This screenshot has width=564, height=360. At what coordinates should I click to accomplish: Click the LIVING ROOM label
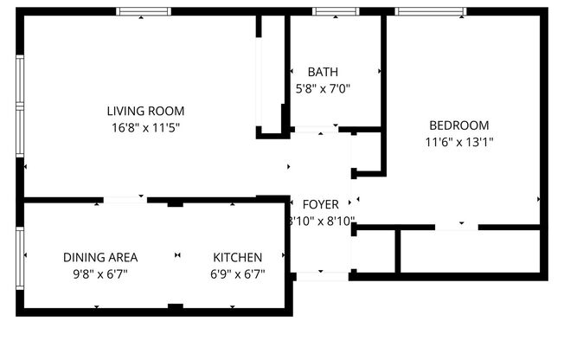tap(145, 111)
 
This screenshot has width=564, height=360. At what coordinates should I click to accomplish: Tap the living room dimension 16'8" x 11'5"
tap(145, 127)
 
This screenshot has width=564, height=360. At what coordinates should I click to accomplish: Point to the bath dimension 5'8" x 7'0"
tap(323, 88)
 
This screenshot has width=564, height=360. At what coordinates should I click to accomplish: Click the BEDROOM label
tap(458, 125)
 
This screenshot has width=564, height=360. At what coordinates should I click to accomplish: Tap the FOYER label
tap(321, 204)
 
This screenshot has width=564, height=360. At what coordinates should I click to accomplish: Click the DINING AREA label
tap(100, 257)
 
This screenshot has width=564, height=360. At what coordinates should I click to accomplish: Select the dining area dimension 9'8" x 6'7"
tap(100, 274)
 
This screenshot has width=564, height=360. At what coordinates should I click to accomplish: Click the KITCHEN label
tap(238, 257)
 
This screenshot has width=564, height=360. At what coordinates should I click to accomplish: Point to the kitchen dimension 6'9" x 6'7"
tap(238, 274)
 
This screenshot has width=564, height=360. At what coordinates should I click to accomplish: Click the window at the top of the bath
tap(336, 11)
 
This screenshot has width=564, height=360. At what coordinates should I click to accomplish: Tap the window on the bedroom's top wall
tap(431, 11)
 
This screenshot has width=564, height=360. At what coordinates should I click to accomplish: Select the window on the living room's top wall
tap(144, 11)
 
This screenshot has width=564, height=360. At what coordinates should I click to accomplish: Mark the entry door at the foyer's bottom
tap(322, 276)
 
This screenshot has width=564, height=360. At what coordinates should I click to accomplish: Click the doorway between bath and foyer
tap(317, 130)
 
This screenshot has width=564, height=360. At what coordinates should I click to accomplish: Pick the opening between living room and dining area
tap(125, 200)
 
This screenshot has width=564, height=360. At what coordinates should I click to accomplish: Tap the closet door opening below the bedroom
tap(456, 227)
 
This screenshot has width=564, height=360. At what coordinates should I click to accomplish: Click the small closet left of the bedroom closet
tap(375, 251)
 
